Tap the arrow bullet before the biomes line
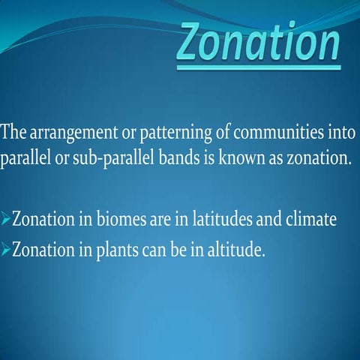(6, 221)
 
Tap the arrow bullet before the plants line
(6, 249)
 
